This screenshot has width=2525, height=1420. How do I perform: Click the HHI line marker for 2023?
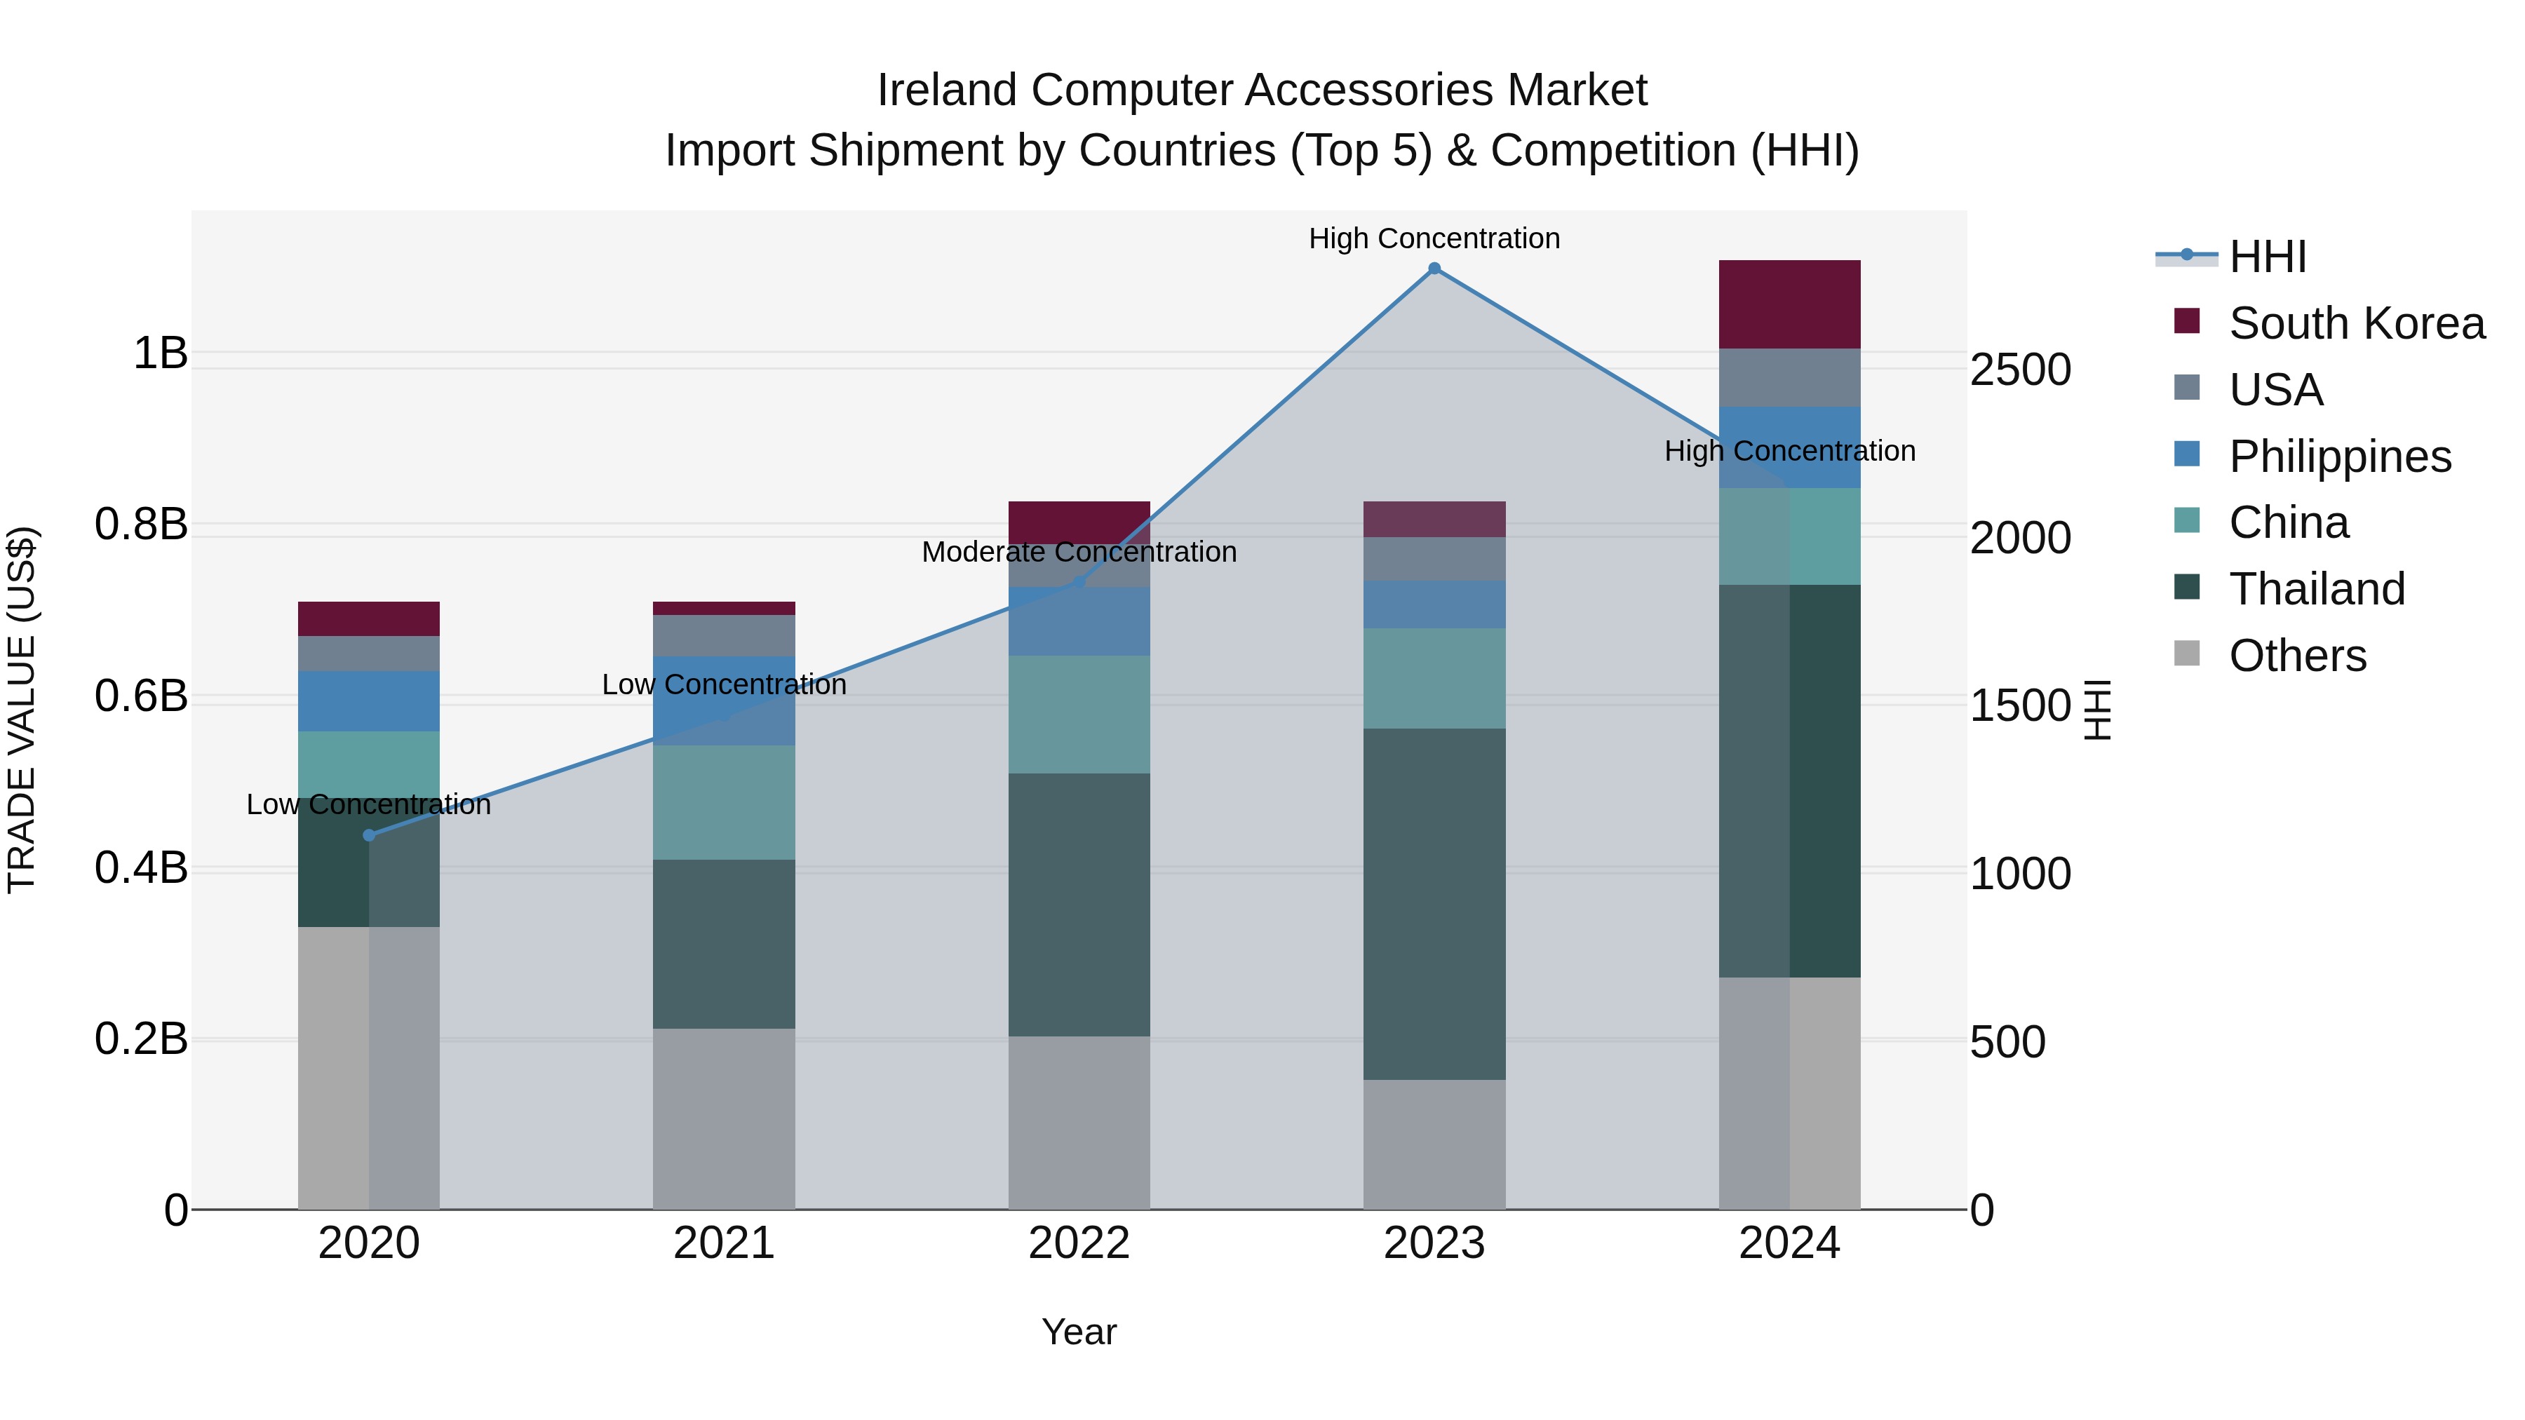[1434, 269]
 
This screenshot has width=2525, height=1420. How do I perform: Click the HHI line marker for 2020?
[368, 835]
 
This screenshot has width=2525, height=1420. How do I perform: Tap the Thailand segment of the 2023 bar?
[1434, 904]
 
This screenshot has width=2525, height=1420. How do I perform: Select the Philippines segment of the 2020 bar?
[368, 701]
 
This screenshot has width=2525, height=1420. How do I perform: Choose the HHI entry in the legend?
[2267, 257]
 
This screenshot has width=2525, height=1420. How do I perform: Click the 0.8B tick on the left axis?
[141, 525]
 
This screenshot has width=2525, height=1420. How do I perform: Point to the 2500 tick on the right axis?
[2020, 370]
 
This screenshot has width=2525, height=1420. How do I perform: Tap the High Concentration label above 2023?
[1434, 238]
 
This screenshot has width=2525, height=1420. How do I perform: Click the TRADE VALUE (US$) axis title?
[22, 710]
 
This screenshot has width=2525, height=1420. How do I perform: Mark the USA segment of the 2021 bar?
[723, 635]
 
